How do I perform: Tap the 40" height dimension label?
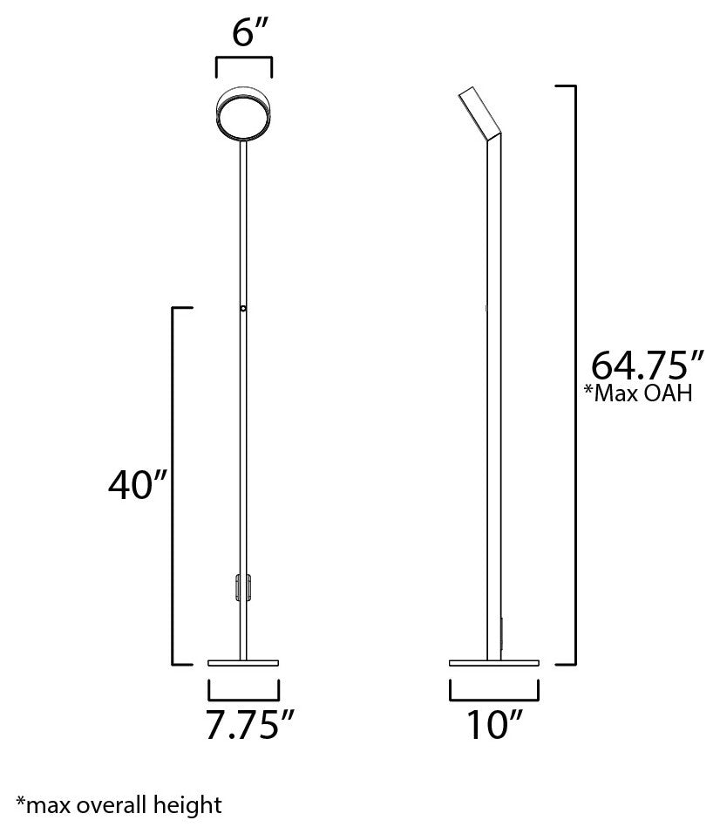tap(137, 486)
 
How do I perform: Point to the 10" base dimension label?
tap(493, 726)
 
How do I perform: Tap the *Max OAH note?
tap(638, 393)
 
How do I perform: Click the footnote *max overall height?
tap(119, 803)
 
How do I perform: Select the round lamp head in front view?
tap(244, 117)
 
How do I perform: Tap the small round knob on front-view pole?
tap(244, 308)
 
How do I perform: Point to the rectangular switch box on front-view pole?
tap(241, 587)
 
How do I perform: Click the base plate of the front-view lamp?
tap(244, 663)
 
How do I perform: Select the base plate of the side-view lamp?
tap(493, 663)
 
